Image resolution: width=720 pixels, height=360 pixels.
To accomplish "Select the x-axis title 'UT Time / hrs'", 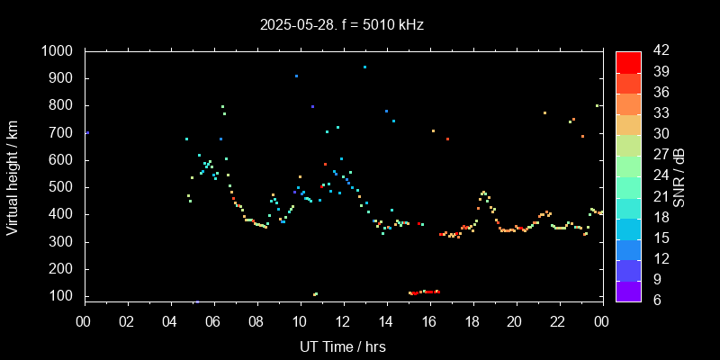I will (342, 346).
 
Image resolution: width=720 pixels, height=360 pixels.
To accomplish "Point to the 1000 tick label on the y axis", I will (58, 51).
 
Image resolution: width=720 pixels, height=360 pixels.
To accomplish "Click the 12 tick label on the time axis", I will (343, 320).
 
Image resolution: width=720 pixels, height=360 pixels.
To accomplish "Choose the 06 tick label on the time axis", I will (213, 320).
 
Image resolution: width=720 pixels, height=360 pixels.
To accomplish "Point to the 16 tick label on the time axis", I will (429, 320).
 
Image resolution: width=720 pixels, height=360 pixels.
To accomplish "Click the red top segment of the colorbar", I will (628, 61).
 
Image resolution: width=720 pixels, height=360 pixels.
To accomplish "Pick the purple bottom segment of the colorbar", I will (628, 290).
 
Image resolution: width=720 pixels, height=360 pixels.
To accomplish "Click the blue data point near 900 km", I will (296, 76).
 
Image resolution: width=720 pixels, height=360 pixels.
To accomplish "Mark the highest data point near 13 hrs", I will (364, 67).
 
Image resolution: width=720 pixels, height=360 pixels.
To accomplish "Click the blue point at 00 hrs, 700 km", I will (87, 133).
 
